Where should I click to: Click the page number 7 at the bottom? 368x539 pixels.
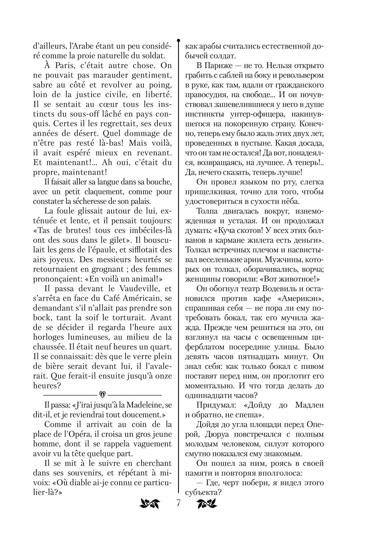178,503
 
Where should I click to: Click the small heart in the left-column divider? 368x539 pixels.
103,394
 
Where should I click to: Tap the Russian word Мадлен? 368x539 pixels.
309,405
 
